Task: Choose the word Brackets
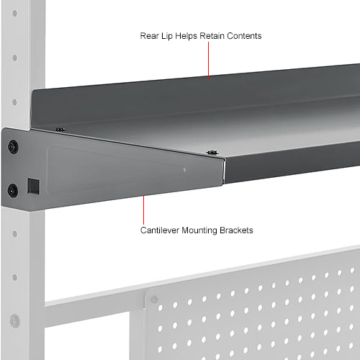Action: pyautogui.click(x=236, y=231)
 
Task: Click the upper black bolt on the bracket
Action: pyautogui.click(x=12, y=147)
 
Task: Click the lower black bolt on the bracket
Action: pyautogui.click(x=12, y=191)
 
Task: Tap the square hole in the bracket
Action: pyautogui.click(x=32, y=186)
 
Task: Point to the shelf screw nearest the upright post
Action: pyautogui.click(x=60, y=130)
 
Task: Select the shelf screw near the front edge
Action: pyautogui.click(x=212, y=152)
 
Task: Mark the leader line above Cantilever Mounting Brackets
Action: pyautogui.click(x=143, y=209)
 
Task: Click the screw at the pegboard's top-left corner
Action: pyautogui.click(x=153, y=298)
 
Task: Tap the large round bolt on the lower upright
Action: pyautogui.click(x=14, y=321)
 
